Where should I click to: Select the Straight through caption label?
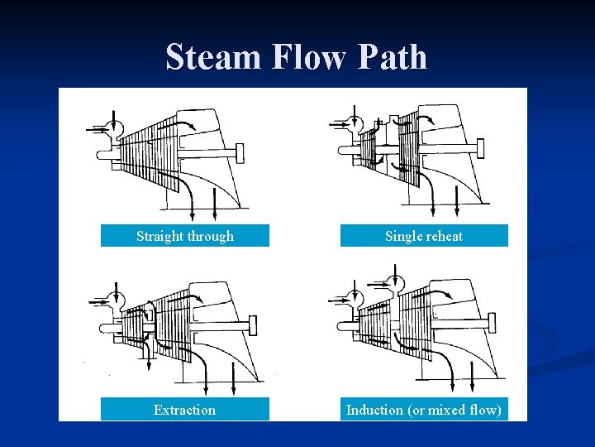click(x=185, y=236)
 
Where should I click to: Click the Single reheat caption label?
click(x=424, y=236)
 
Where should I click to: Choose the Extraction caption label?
click(x=184, y=410)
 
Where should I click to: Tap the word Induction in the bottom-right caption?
click(x=374, y=410)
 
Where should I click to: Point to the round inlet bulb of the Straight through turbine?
click(x=113, y=128)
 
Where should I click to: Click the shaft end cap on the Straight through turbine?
click(x=240, y=153)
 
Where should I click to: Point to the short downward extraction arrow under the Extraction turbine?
click(x=149, y=358)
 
